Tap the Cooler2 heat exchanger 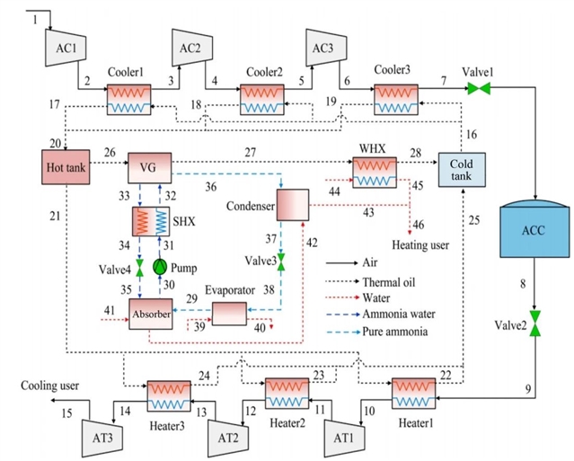tap(262, 98)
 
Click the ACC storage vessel tap(535, 232)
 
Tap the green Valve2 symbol tap(535, 323)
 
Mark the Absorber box tap(151, 315)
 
